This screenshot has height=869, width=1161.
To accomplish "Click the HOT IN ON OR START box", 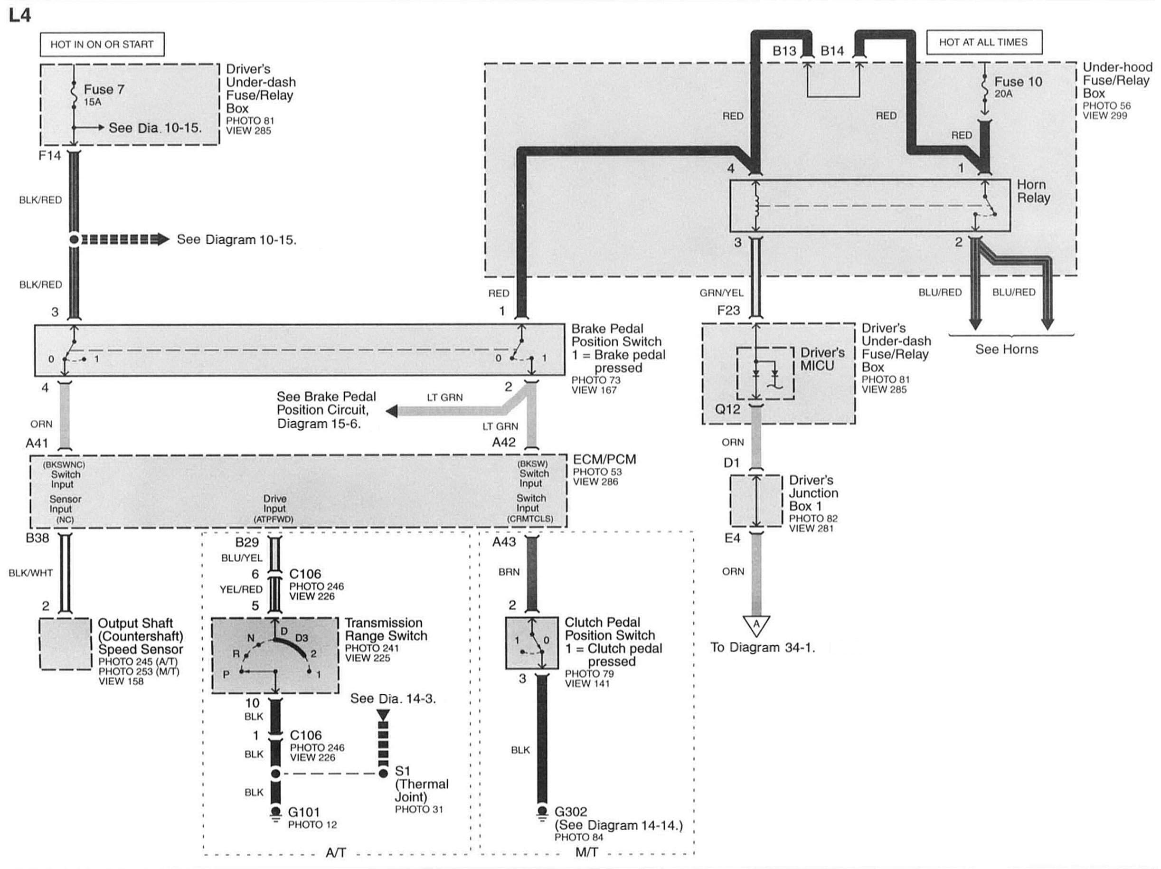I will pyautogui.click(x=102, y=45).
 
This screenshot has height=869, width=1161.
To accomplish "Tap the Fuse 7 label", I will pyautogui.click(x=104, y=90).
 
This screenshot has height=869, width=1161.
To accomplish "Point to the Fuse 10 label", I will pyautogui.click(x=1018, y=82).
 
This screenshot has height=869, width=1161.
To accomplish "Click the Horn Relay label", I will pyautogui.click(x=1033, y=191).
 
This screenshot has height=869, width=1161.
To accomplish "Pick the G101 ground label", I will pyautogui.click(x=304, y=812).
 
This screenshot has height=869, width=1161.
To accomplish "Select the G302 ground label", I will pyautogui.click(x=570, y=811).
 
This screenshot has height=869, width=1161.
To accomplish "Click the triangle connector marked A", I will pyautogui.click(x=756, y=625).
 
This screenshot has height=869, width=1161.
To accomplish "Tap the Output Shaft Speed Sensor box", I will pyautogui.click(x=65, y=643).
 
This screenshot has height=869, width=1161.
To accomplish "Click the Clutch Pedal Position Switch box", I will pyautogui.click(x=531, y=642).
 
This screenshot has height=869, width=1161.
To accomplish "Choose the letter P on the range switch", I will pyautogui.click(x=226, y=674).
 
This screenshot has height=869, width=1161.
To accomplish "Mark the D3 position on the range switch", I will pyautogui.click(x=301, y=638).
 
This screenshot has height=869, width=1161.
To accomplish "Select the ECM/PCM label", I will pyautogui.click(x=604, y=459).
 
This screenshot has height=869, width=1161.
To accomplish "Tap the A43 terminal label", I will pyautogui.click(x=504, y=541).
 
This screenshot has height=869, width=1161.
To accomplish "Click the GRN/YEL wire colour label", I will pyautogui.click(x=721, y=293).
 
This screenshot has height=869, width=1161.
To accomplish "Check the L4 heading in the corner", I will pyautogui.click(x=20, y=15).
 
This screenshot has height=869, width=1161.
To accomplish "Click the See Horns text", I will pyautogui.click(x=1006, y=349).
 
